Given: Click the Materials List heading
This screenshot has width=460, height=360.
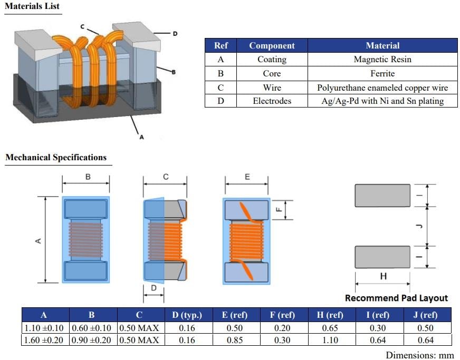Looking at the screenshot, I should click(x=32, y=7).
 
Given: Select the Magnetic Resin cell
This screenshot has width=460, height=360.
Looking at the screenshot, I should click(x=382, y=60).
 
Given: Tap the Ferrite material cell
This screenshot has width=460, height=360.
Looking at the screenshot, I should click(x=382, y=73).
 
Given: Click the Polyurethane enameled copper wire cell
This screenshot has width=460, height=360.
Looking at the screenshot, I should click(x=382, y=87).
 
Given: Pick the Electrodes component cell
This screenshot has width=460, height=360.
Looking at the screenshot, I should click(x=272, y=101).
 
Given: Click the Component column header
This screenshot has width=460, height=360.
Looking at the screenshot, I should click(x=272, y=45).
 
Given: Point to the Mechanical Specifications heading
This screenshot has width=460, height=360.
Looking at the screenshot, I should click(x=56, y=158).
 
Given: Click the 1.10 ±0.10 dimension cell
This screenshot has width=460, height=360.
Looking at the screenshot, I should click(x=44, y=328).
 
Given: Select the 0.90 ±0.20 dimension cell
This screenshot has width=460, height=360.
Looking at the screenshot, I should click(x=91, y=340).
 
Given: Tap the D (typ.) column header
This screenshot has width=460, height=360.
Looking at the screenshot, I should click(x=187, y=315).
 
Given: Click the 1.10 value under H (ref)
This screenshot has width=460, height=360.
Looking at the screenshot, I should click(x=330, y=340).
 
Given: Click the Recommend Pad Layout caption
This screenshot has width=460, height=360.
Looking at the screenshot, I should click(x=396, y=298).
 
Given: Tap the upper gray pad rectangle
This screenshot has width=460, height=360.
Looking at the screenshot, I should click(x=382, y=195).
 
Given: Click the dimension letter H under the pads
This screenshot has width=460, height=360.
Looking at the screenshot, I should click(x=384, y=276).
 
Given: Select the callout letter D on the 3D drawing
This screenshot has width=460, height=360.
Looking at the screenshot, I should click(x=176, y=33).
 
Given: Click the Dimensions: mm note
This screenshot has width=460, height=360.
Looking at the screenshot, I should click(x=419, y=355).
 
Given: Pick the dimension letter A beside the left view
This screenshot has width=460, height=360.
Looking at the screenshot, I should click(x=38, y=240).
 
